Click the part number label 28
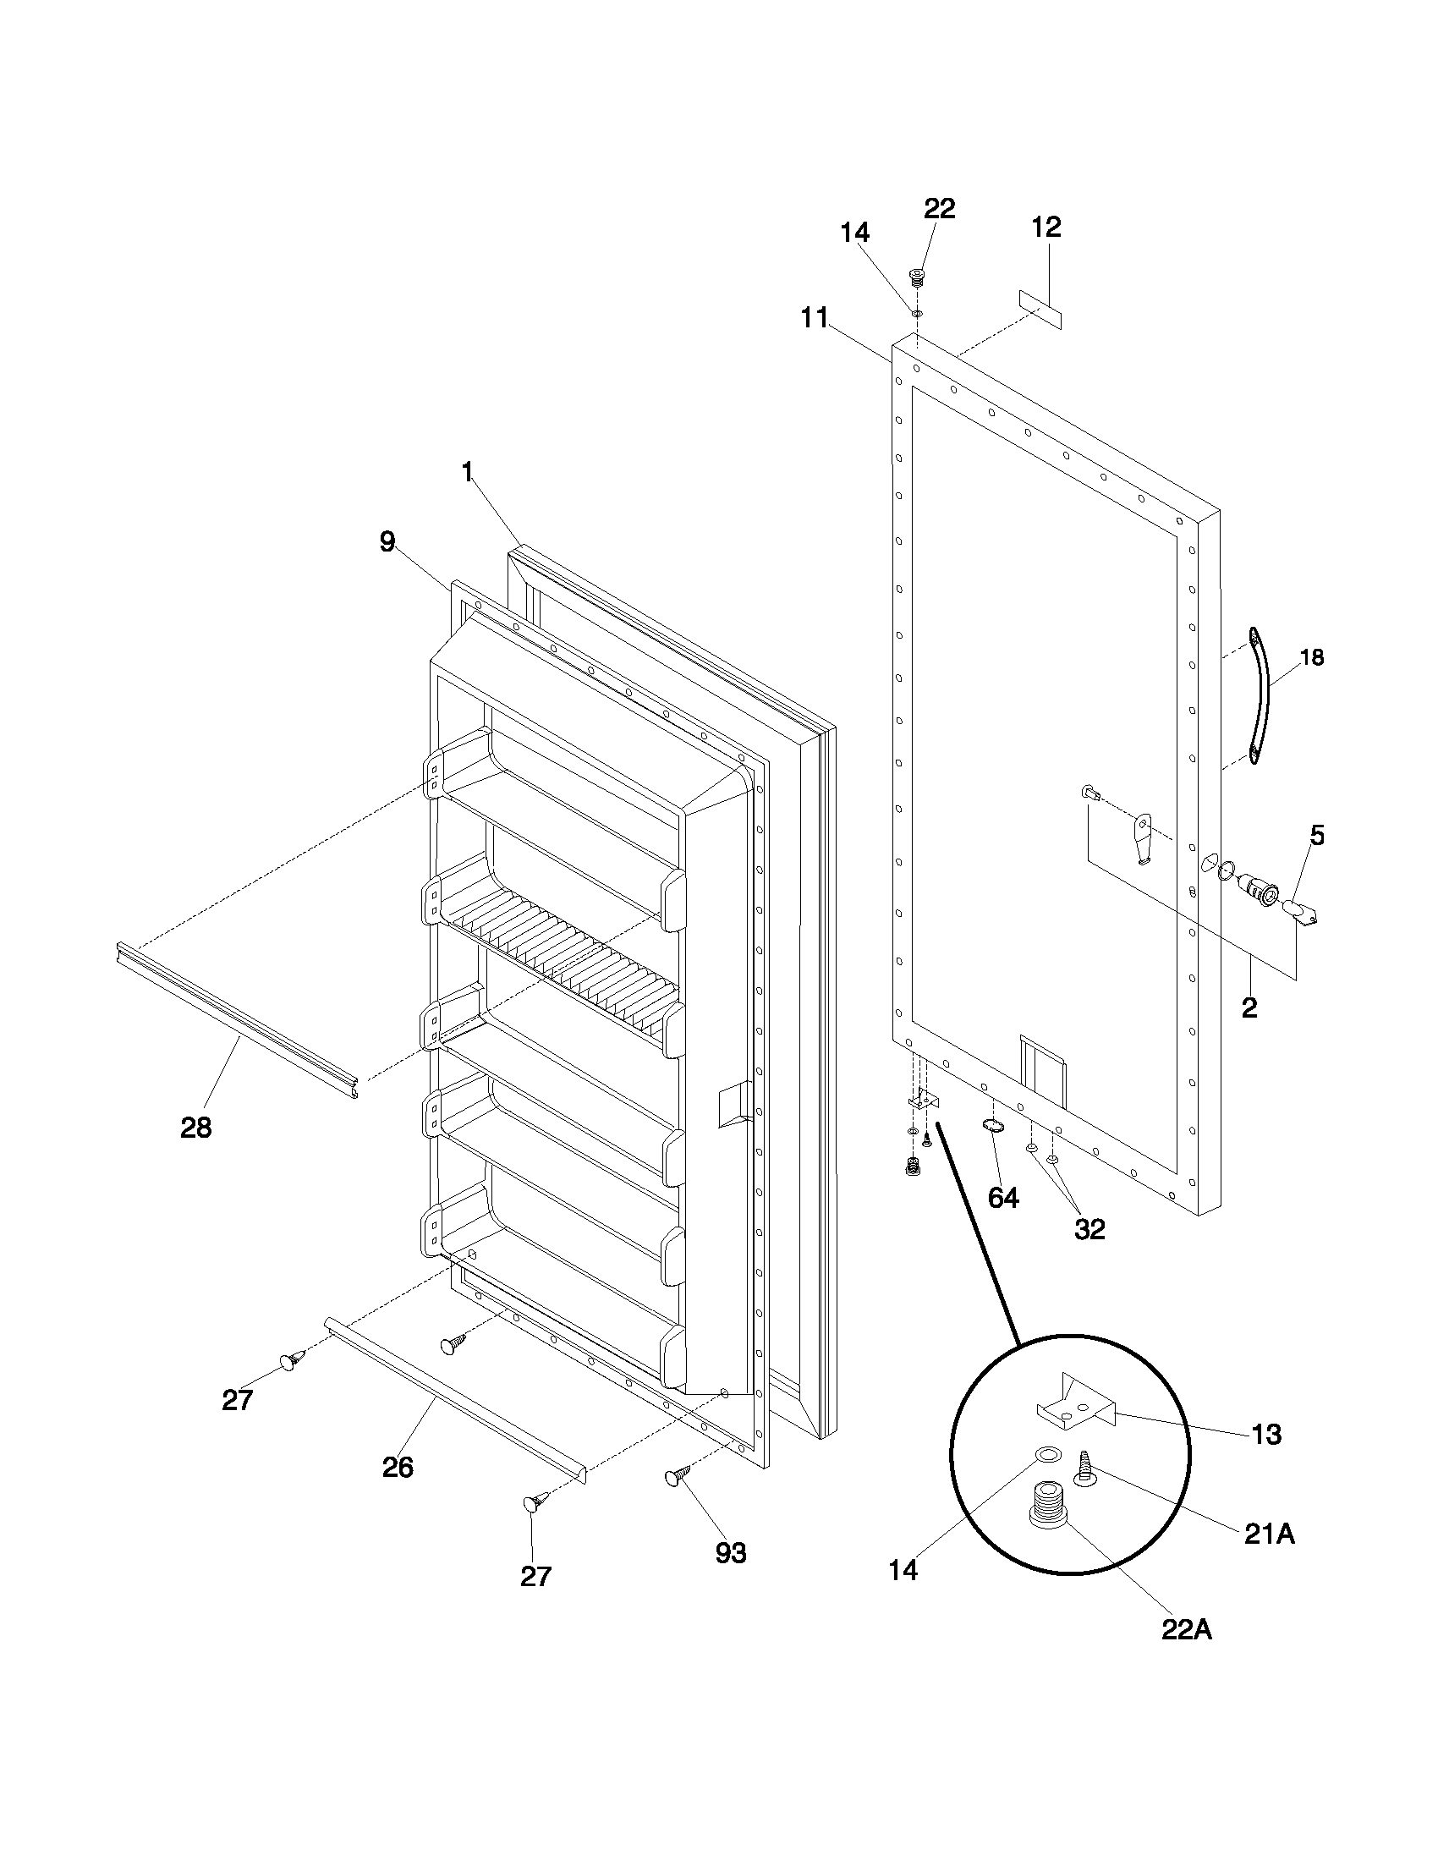196,1128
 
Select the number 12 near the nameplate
1046,227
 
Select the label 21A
1270,1534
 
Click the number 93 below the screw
731,1553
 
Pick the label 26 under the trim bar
398,1467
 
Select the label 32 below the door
1089,1229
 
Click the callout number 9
387,541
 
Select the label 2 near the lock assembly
1249,1008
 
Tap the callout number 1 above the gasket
467,471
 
